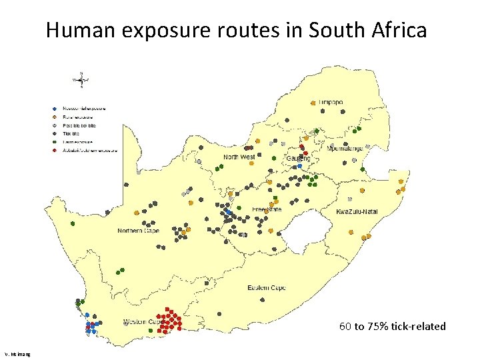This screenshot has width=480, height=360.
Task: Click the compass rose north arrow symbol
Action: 81,79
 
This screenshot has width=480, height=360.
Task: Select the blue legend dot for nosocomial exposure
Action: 55,108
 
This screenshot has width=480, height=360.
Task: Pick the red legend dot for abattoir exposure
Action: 55,151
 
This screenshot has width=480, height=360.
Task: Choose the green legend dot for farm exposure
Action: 55,142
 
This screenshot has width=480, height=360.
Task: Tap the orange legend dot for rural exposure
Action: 55,117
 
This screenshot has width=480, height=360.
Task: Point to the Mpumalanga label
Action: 345,149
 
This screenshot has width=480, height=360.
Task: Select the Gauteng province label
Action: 298,158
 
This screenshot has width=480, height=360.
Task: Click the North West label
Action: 239,157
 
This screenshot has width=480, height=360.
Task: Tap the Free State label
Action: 267,209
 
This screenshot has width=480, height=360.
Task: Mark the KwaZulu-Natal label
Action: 356,211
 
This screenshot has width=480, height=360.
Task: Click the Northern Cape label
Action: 138,231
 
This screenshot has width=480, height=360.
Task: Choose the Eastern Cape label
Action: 267,288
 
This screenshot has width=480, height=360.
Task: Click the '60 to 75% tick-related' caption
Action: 392,326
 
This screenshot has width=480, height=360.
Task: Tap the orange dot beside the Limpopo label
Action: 313,103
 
